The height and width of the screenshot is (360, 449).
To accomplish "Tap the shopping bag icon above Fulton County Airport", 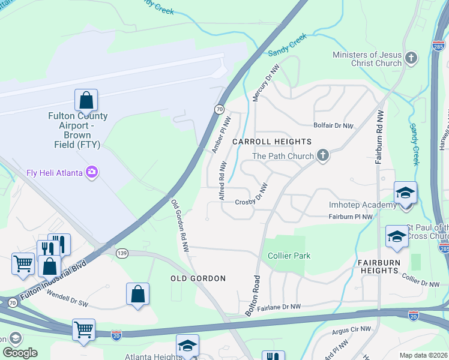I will pyautogui.click(x=86, y=100).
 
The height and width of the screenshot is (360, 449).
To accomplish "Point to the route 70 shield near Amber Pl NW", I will pyautogui.click(x=220, y=109).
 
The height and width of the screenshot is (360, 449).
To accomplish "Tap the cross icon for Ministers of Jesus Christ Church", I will pyautogui.click(x=411, y=58).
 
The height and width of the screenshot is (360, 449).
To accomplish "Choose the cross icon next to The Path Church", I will pyautogui.click(x=323, y=156).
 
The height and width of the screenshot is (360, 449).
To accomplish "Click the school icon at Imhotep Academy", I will pyautogui.click(x=405, y=193).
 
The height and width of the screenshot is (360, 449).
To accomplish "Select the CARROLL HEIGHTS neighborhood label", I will pyautogui.click(x=272, y=142).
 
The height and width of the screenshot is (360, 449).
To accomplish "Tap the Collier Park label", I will pyautogui.click(x=289, y=256).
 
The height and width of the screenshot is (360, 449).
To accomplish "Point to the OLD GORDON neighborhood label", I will pyautogui.click(x=197, y=278).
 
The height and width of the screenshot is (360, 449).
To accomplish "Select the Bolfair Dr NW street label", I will pyautogui.click(x=334, y=126).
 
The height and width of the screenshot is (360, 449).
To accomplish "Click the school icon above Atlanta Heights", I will pyautogui.click(x=187, y=346).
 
